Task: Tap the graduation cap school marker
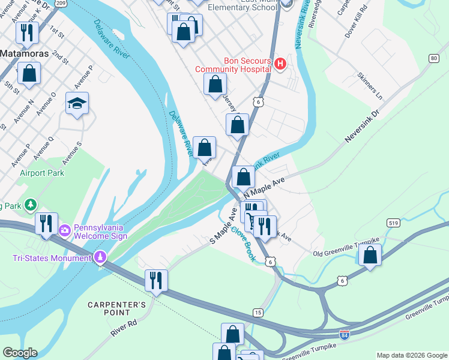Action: click(x=77, y=103)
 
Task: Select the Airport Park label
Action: click(x=42, y=173)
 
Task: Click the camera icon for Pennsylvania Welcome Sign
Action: click(x=65, y=229)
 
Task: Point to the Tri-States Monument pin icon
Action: click(x=100, y=259)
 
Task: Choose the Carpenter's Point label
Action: click(x=117, y=308)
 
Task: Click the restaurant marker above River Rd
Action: click(x=155, y=280)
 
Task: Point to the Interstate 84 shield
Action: click(x=345, y=334)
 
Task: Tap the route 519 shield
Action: click(x=394, y=223)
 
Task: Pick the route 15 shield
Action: click(x=258, y=313)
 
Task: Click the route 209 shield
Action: click(x=61, y=3)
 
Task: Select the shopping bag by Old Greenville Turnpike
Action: click(x=370, y=254)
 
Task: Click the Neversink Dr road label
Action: click(x=363, y=127)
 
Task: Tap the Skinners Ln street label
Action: click(x=369, y=86)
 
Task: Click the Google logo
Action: click(x=20, y=353)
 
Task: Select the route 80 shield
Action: click(x=433, y=58)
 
